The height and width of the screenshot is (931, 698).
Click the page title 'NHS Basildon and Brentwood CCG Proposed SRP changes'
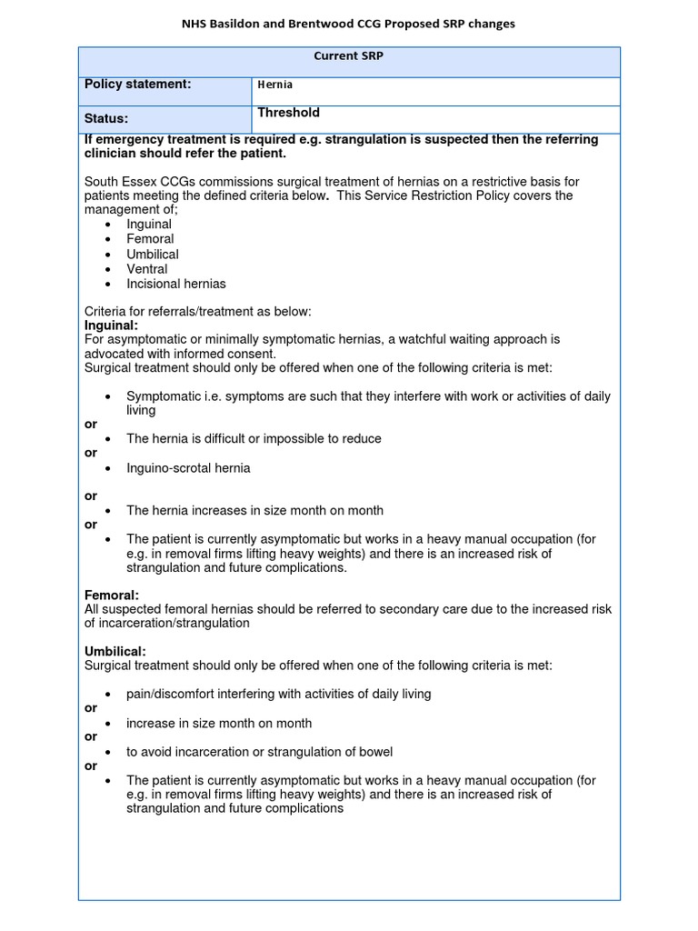coord(349,24)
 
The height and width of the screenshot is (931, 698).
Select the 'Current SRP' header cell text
coord(349,56)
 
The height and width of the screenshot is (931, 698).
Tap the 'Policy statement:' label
coord(137,85)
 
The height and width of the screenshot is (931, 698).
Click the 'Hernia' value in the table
coord(275,85)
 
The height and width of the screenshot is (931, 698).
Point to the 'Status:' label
coord(106,118)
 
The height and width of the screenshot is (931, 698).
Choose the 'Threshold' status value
coord(288,113)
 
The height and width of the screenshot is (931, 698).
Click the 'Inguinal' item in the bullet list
coord(149,225)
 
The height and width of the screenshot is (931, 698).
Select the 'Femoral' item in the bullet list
coord(150,239)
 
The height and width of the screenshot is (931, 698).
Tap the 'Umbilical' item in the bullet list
coord(153,255)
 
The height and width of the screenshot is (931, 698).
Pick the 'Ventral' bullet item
coord(147,269)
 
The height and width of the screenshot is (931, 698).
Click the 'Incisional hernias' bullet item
coord(176,284)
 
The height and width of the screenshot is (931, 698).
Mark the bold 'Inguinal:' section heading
coord(111,325)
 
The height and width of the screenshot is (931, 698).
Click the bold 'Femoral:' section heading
coord(112,595)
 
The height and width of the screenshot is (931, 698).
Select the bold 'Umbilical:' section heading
coord(115,651)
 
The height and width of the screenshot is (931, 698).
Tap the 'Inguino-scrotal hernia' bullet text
coord(188,468)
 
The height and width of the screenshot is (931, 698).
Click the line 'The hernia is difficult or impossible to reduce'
coord(254,439)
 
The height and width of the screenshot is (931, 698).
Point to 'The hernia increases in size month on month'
coord(254,510)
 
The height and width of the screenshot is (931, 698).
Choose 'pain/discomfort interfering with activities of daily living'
coord(278,694)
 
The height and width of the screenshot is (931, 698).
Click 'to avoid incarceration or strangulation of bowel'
coord(257,752)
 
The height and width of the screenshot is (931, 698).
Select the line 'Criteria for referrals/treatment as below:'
coord(197,312)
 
